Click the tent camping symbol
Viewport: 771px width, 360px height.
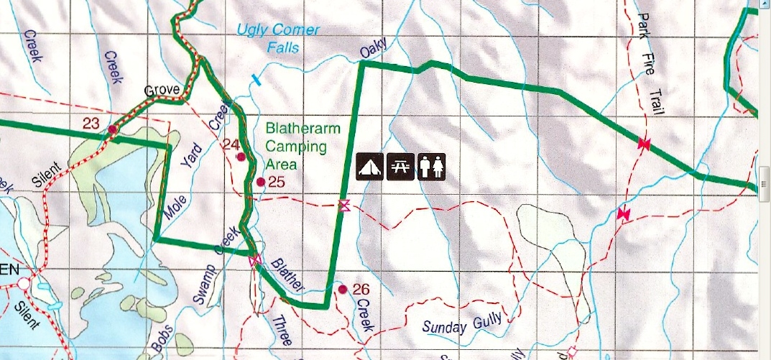click(370, 167)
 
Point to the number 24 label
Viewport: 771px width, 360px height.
click(230, 144)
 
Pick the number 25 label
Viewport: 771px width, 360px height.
click(277, 182)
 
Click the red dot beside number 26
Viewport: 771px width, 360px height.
click(343, 289)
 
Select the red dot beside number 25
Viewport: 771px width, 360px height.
click(261, 182)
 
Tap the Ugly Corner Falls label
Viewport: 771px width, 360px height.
click(279, 40)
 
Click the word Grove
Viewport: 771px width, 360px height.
click(161, 91)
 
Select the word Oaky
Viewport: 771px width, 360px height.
click(374, 50)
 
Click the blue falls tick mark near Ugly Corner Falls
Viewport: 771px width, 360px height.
click(254, 78)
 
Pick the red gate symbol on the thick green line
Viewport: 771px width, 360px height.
click(643, 144)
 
